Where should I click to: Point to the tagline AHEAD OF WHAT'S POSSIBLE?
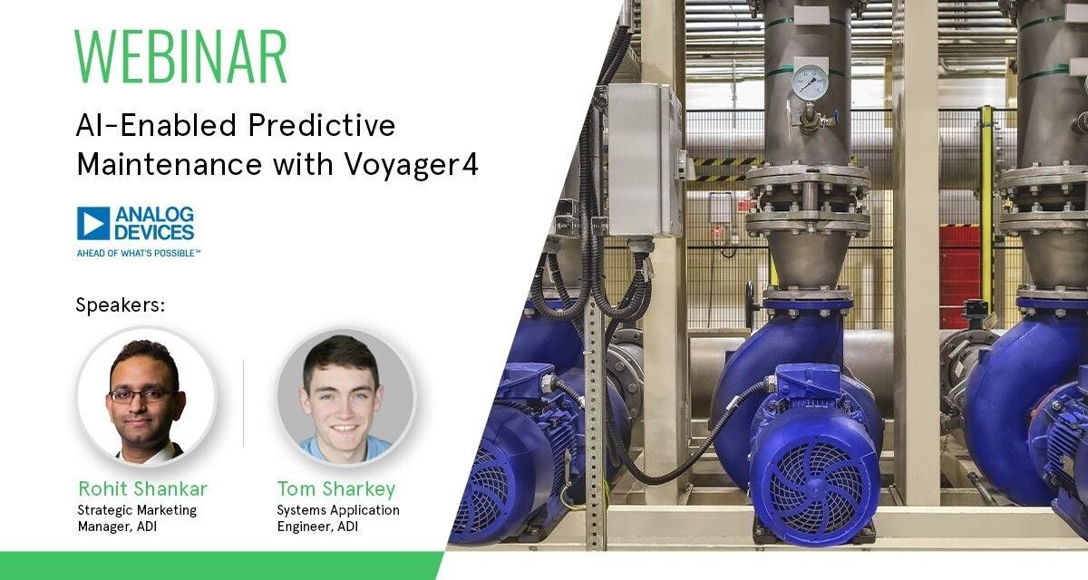tap(138, 253)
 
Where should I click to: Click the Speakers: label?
tap(121, 305)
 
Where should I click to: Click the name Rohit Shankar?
tap(142, 489)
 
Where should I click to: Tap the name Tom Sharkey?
tap(336, 489)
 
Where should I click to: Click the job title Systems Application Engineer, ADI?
tap(337, 517)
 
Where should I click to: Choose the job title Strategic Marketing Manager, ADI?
tap(137, 517)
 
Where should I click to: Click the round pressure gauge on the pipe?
tap(810, 82)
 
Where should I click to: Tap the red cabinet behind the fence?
tap(959, 263)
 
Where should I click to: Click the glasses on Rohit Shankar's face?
tap(141, 394)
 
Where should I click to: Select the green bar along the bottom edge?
tap(218, 565)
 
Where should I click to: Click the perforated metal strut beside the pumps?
tap(595, 426)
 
